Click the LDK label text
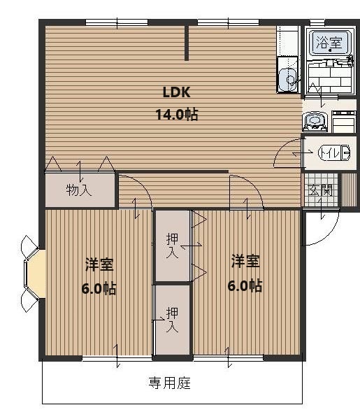[x=177, y=92]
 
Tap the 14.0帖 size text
[x=177, y=114]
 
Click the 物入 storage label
[x=79, y=190]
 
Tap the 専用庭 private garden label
[x=170, y=383]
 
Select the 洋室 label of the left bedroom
[x=100, y=264]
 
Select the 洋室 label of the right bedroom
[x=245, y=262]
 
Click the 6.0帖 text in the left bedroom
[x=100, y=288]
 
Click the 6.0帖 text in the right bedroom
[x=245, y=285]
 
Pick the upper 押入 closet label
[x=171, y=246]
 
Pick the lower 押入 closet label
[x=171, y=319]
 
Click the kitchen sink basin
[x=285, y=79]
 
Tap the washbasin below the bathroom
[x=314, y=122]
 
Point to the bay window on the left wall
[x=33, y=274]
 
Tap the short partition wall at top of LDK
[x=187, y=43]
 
